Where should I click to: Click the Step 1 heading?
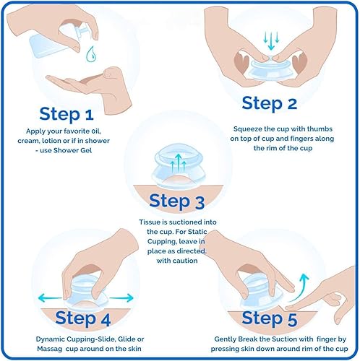[x=67, y=114]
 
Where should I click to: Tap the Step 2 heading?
[x=270, y=103]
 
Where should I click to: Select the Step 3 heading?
[x=177, y=201]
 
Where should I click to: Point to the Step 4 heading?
[x=83, y=318]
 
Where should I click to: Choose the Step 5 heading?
[x=270, y=318]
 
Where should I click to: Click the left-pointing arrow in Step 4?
[x=50, y=298]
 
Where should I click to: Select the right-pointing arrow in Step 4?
[x=121, y=298]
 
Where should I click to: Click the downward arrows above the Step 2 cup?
[x=271, y=40]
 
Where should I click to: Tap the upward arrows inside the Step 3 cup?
[x=178, y=162]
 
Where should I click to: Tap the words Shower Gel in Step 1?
[x=72, y=150]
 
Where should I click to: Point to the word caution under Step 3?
[x=187, y=261]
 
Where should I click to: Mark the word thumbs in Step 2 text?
[x=320, y=129]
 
